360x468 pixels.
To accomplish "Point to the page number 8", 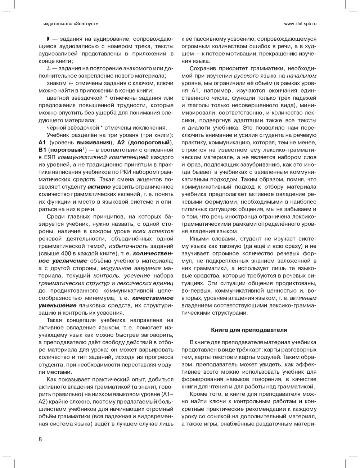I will pyautogui.click(x=40, y=439).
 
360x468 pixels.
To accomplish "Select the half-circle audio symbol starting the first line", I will pyautogui.click(x=48, y=39).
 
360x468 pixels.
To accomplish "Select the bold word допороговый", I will pyautogui.click(x=148, y=142).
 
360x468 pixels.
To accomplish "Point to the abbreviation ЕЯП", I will pyautogui.click(x=49, y=157).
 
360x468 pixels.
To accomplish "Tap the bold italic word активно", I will pyautogui.click(x=99, y=186).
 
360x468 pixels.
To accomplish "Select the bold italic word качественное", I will pyautogui.click(x=153, y=298).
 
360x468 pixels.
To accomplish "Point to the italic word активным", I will pyautogui.click(x=303, y=298).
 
